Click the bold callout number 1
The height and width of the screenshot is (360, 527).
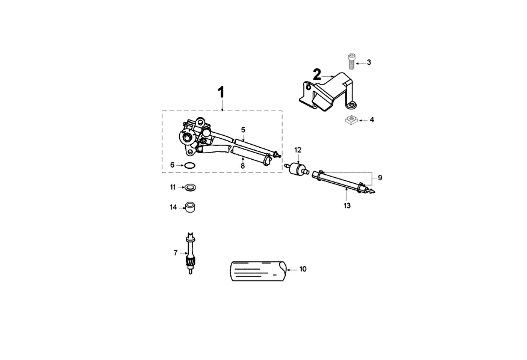(221, 92)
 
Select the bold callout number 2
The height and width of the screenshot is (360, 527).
(317, 74)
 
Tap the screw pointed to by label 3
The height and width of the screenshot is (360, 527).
(351, 62)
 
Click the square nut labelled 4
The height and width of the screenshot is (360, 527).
(351, 120)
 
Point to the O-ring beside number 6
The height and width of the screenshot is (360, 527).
(190, 166)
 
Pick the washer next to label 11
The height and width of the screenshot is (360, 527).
(190, 188)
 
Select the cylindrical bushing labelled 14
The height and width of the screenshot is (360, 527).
(190, 207)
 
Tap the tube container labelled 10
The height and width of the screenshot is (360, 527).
(258, 271)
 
